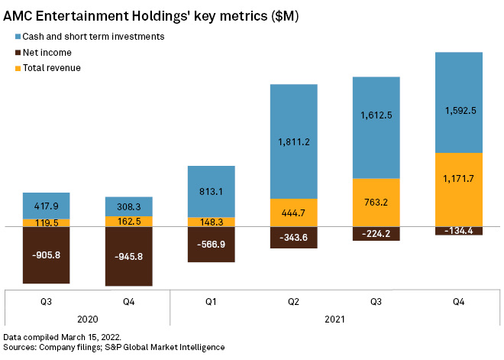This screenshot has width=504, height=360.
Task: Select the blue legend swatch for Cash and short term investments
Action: [x=18, y=37]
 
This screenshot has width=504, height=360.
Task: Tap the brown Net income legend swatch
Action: [x=18, y=52]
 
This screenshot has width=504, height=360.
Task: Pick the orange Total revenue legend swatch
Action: [x=18, y=68]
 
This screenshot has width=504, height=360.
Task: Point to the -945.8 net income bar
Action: [x=129, y=257]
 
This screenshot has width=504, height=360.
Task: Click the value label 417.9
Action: [x=47, y=206]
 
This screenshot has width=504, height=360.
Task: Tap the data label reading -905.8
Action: [x=47, y=255]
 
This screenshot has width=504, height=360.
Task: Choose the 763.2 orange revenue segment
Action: [x=376, y=203]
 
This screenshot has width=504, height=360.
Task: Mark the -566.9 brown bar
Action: [x=212, y=245]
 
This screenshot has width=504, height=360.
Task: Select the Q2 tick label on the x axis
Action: [x=293, y=301]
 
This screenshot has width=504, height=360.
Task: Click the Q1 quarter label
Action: [x=212, y=301]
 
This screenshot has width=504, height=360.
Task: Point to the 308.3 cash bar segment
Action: [x=129, y=206]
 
